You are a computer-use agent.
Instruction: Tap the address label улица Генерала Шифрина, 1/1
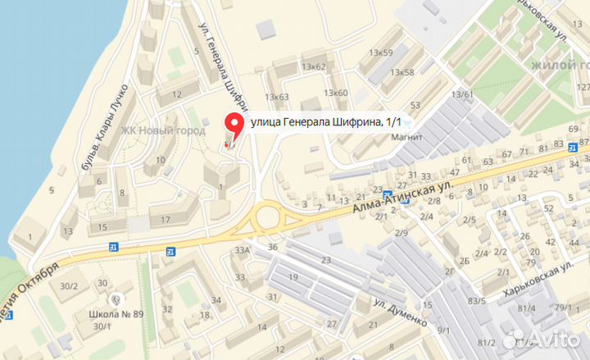pyautogui.click(x=326, y=121)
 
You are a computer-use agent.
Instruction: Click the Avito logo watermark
pyautogui.click(x=542, y=338)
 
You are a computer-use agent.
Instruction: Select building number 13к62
pyautogui.click(x=314, y=66)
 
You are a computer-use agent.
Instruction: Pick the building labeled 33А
pyautogui.click(x=242, y=251)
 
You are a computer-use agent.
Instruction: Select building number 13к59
pyautogui.click(x=380, y=53)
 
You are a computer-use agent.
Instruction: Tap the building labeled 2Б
pyautogui.click(x=464, y=262)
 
